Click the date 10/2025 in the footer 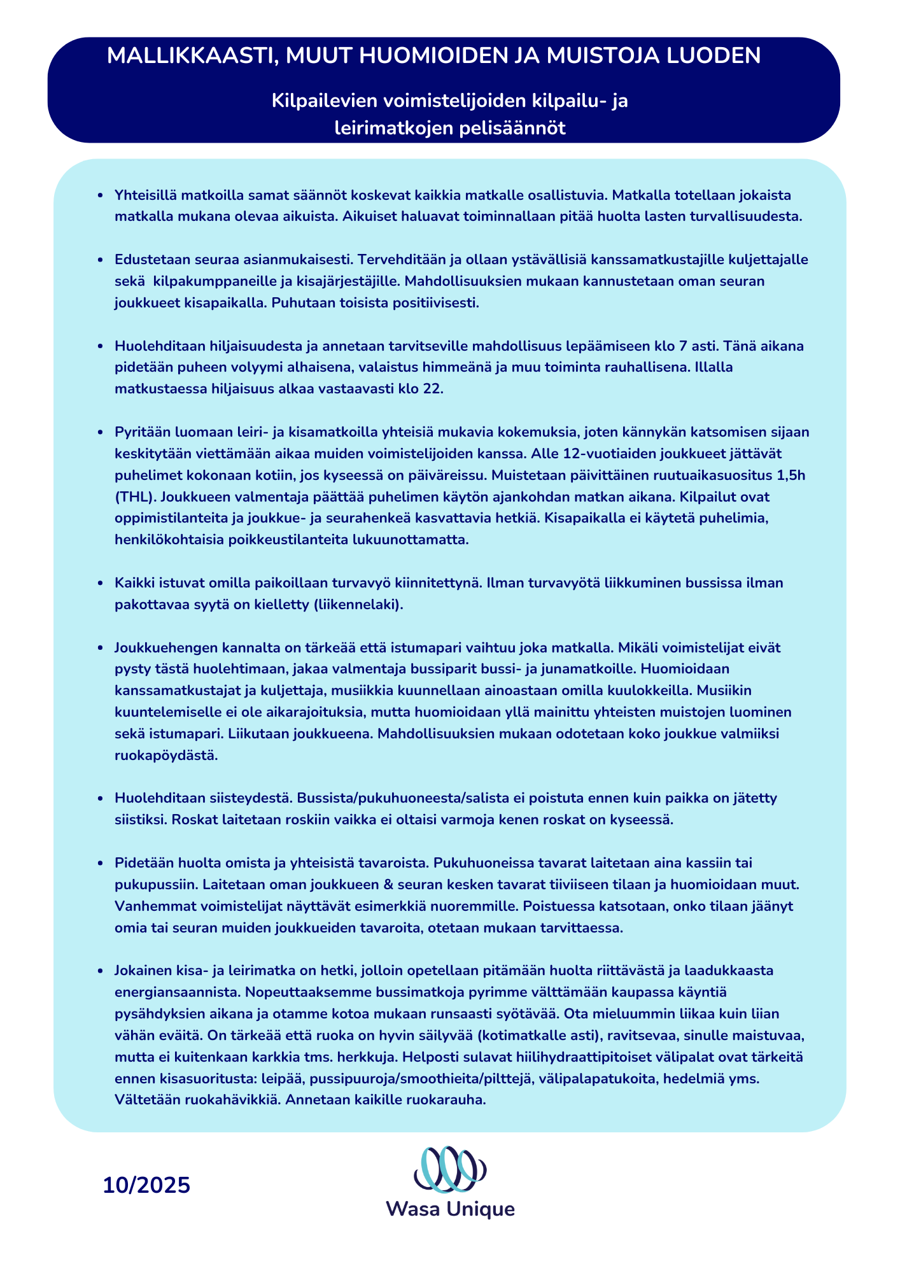click(x=146, y=1185)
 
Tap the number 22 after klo click(x=431, y=389)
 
